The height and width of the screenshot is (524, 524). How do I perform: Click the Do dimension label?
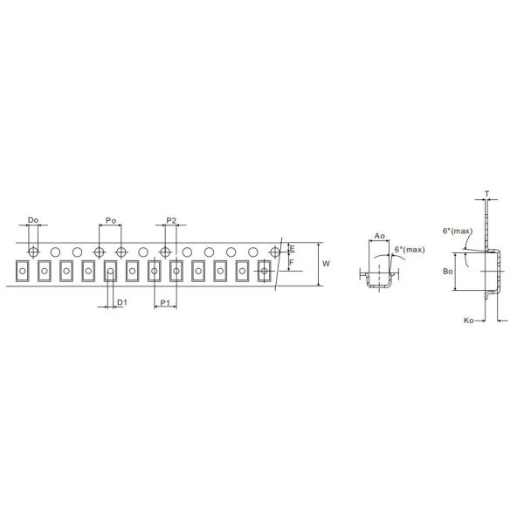[x=33, y=220]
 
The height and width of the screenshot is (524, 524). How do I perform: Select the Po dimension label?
[x=111, y=221]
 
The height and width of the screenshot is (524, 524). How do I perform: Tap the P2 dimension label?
[x=171, y=221]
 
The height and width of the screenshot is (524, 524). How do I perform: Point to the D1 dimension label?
[x=122, y=302]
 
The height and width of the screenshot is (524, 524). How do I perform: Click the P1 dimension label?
[x=165, y=303]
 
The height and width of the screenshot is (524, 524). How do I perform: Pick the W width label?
[x=326, y=264]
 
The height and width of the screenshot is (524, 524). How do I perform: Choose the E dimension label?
[x=292, y=249]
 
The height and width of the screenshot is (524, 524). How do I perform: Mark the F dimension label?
[x=292, y=263]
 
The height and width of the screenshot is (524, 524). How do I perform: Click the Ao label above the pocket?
[x=379, y=236]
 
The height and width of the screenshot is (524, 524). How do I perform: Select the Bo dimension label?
[x=448, y=272]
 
